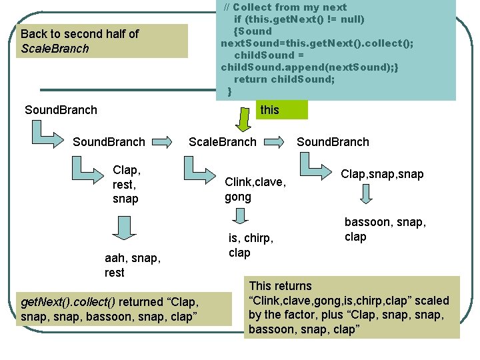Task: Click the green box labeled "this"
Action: pyautogui.click(x=281, y=109)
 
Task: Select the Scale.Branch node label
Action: pyautogui.click(x=222, y=141)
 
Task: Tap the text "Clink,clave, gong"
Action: pyautogui.click(x=255, y=189)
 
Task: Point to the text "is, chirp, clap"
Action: pyautogui.click(x=251, y=245)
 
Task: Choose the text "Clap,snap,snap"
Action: pyautogui.click(x=382, y=174)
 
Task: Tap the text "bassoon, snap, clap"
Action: pyautogui.click(x=385, y=229)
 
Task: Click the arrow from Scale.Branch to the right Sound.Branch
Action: pyautogui.click(x=275, y=142)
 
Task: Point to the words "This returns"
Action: pyautogui.click(x=280, y=286)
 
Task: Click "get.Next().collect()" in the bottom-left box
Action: pyautogui.click(x=69, y=301)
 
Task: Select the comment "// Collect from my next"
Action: pyautogui.click(x=285, y=7)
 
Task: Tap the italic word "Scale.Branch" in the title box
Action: pyautogui.click(x=55, y=49)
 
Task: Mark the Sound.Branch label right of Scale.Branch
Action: pyautogui.click(x=333, y=141)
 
